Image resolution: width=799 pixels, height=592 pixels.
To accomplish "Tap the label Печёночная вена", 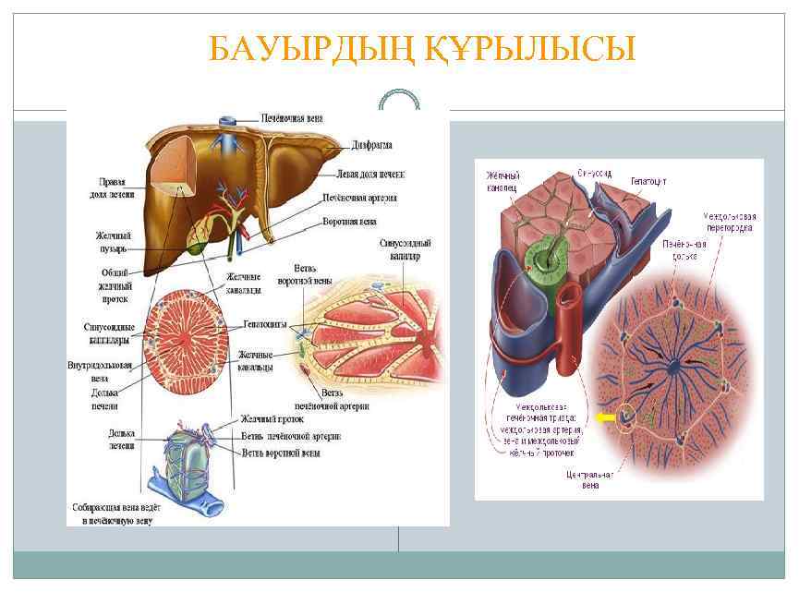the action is [x=293, y=118].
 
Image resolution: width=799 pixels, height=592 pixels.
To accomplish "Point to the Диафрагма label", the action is [x=372, y=145].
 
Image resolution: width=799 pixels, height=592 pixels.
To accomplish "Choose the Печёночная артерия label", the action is [x=359, y=198].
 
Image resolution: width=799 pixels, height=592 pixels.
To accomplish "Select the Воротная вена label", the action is [x=353, y=223].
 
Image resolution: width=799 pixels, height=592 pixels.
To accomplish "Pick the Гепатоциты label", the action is [x=265, y=325].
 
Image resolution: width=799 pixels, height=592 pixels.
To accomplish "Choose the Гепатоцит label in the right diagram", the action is [x=651, y=181].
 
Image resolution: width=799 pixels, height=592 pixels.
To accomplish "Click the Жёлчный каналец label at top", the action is [x=502, y=181].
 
